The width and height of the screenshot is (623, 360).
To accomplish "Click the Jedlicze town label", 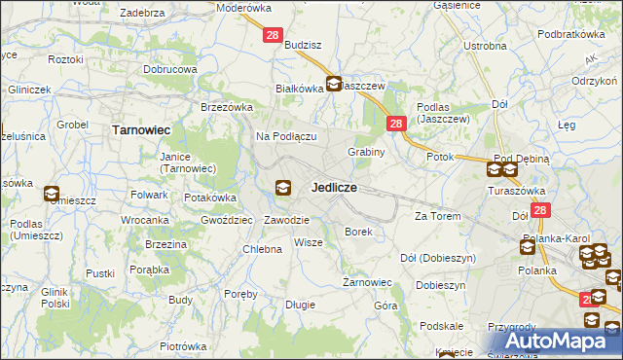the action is (333, 187).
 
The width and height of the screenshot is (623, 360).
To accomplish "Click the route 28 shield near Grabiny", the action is (396, 124).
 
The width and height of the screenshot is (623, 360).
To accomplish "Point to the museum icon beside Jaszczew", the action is (333, 84).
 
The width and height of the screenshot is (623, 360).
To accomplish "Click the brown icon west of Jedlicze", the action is (282, 188).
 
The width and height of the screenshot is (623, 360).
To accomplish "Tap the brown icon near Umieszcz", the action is (51, 194).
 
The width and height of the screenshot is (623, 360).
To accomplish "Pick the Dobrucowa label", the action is (170, 70).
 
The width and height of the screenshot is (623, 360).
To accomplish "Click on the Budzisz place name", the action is (304, 46).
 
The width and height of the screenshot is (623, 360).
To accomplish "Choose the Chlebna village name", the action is (262, 249).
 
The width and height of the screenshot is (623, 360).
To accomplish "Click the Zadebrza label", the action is (141, 14).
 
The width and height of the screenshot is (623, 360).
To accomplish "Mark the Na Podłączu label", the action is (286, 137).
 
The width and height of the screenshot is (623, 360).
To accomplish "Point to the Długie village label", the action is (300, 305).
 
